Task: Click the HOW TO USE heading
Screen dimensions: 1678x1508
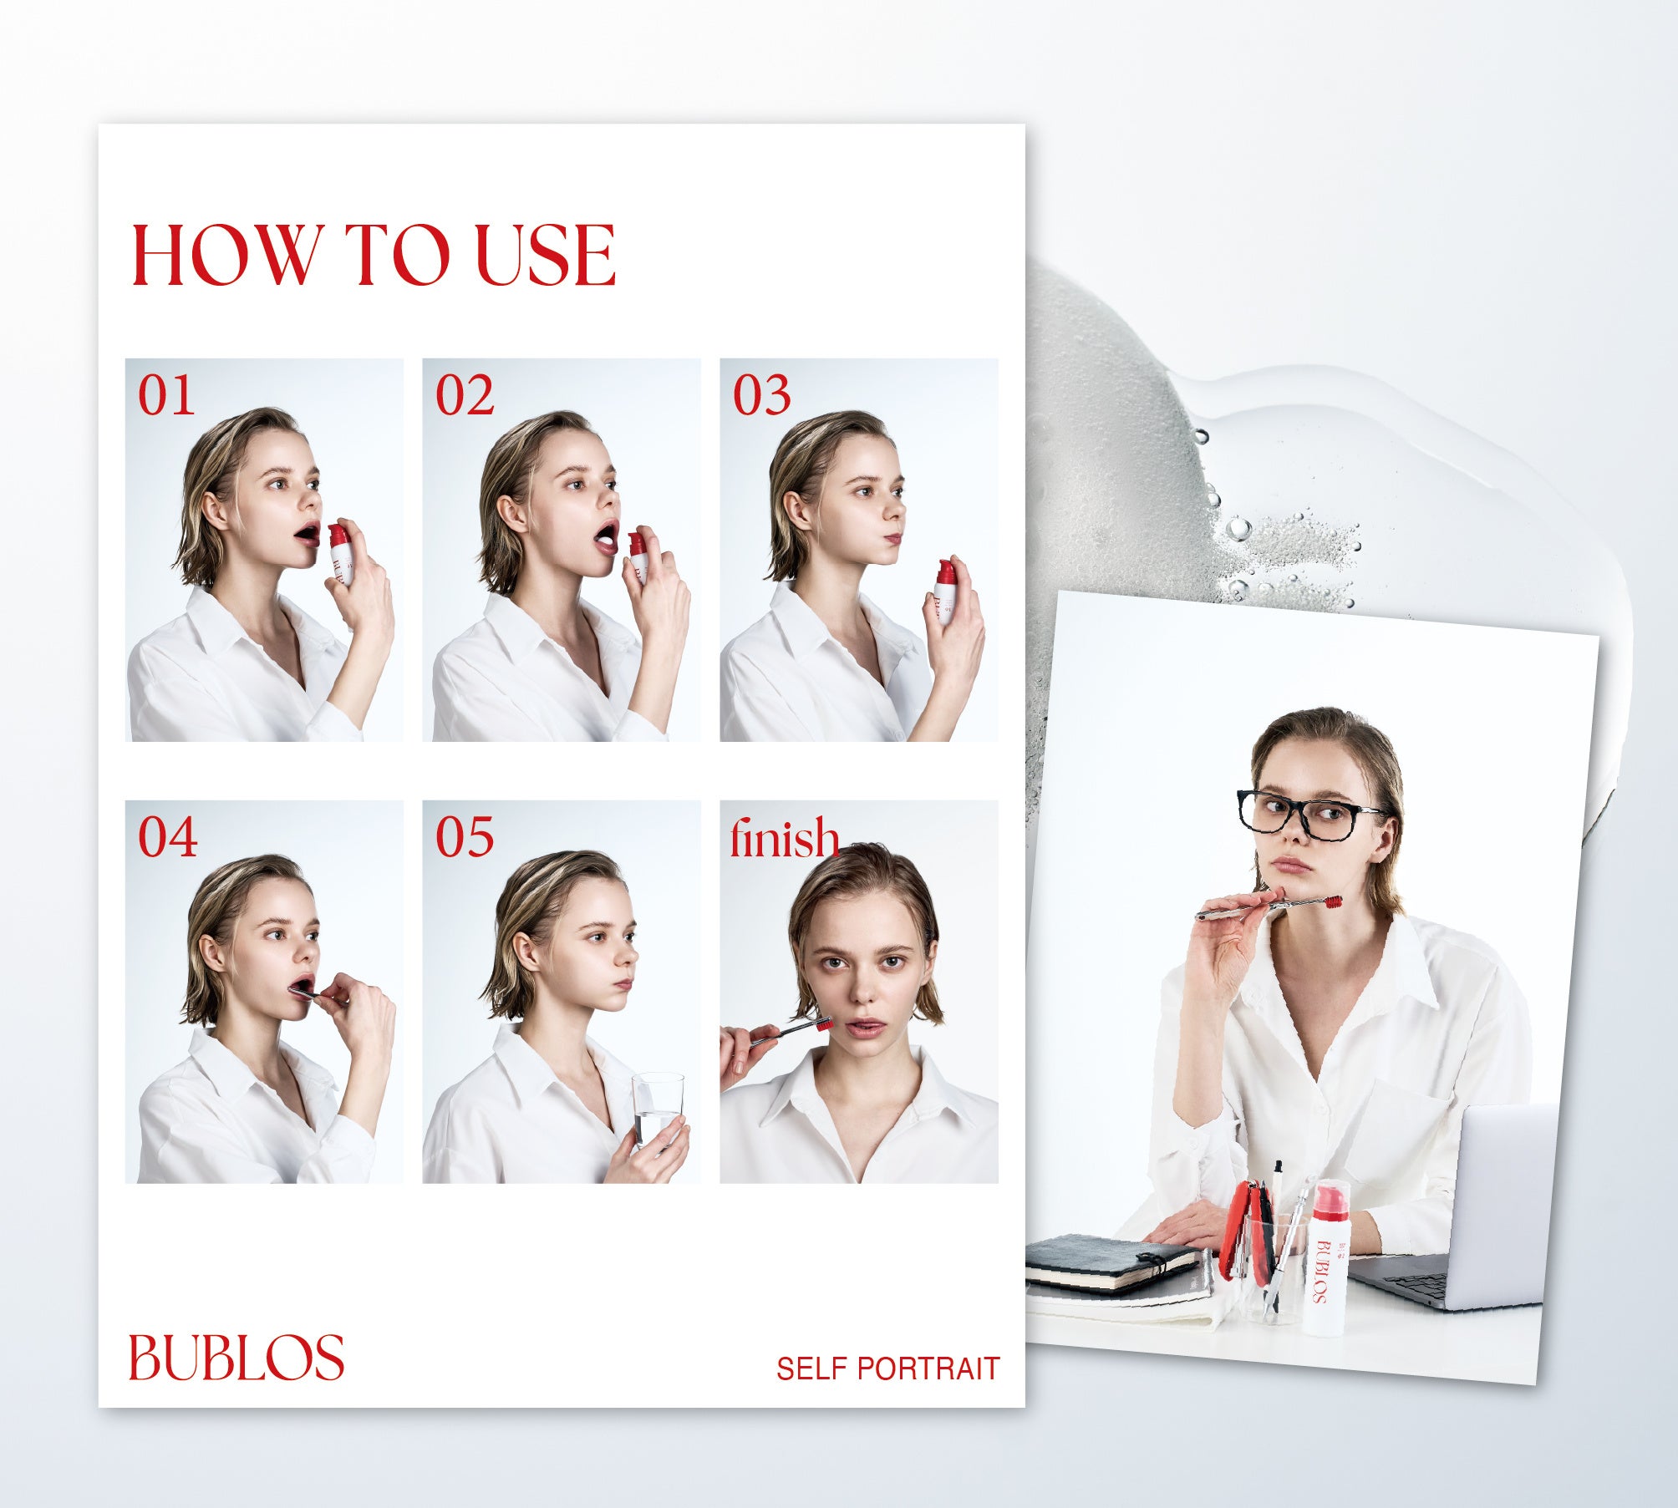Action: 374,256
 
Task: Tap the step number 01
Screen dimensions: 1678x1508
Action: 166,395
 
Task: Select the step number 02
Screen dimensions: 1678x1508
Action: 465,395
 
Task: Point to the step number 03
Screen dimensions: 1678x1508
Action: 761,395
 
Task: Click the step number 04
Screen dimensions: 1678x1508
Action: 167,837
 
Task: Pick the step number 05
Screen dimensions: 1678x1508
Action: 465,837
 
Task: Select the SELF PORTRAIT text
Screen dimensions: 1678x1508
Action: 887,1368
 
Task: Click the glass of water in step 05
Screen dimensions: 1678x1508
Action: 658,1113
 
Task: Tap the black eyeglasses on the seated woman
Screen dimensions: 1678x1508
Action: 1308,813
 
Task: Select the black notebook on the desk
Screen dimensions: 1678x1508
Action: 1111,1264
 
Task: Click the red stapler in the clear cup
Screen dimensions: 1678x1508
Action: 1245,1232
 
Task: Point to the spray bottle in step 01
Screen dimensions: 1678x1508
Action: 340,554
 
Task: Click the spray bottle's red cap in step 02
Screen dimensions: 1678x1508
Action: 637,543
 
